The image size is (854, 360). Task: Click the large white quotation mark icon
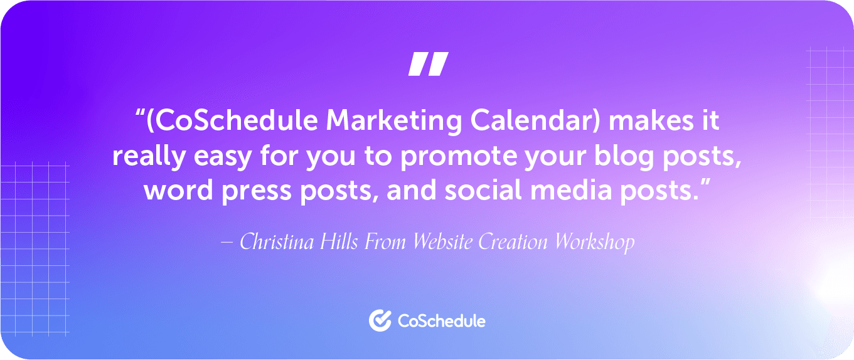(x=429, y=64)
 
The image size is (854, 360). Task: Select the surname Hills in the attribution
(x=339, y=242)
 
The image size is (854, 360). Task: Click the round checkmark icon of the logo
(x=380, y=320)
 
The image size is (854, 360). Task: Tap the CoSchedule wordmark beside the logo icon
(x=442, y=321)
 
